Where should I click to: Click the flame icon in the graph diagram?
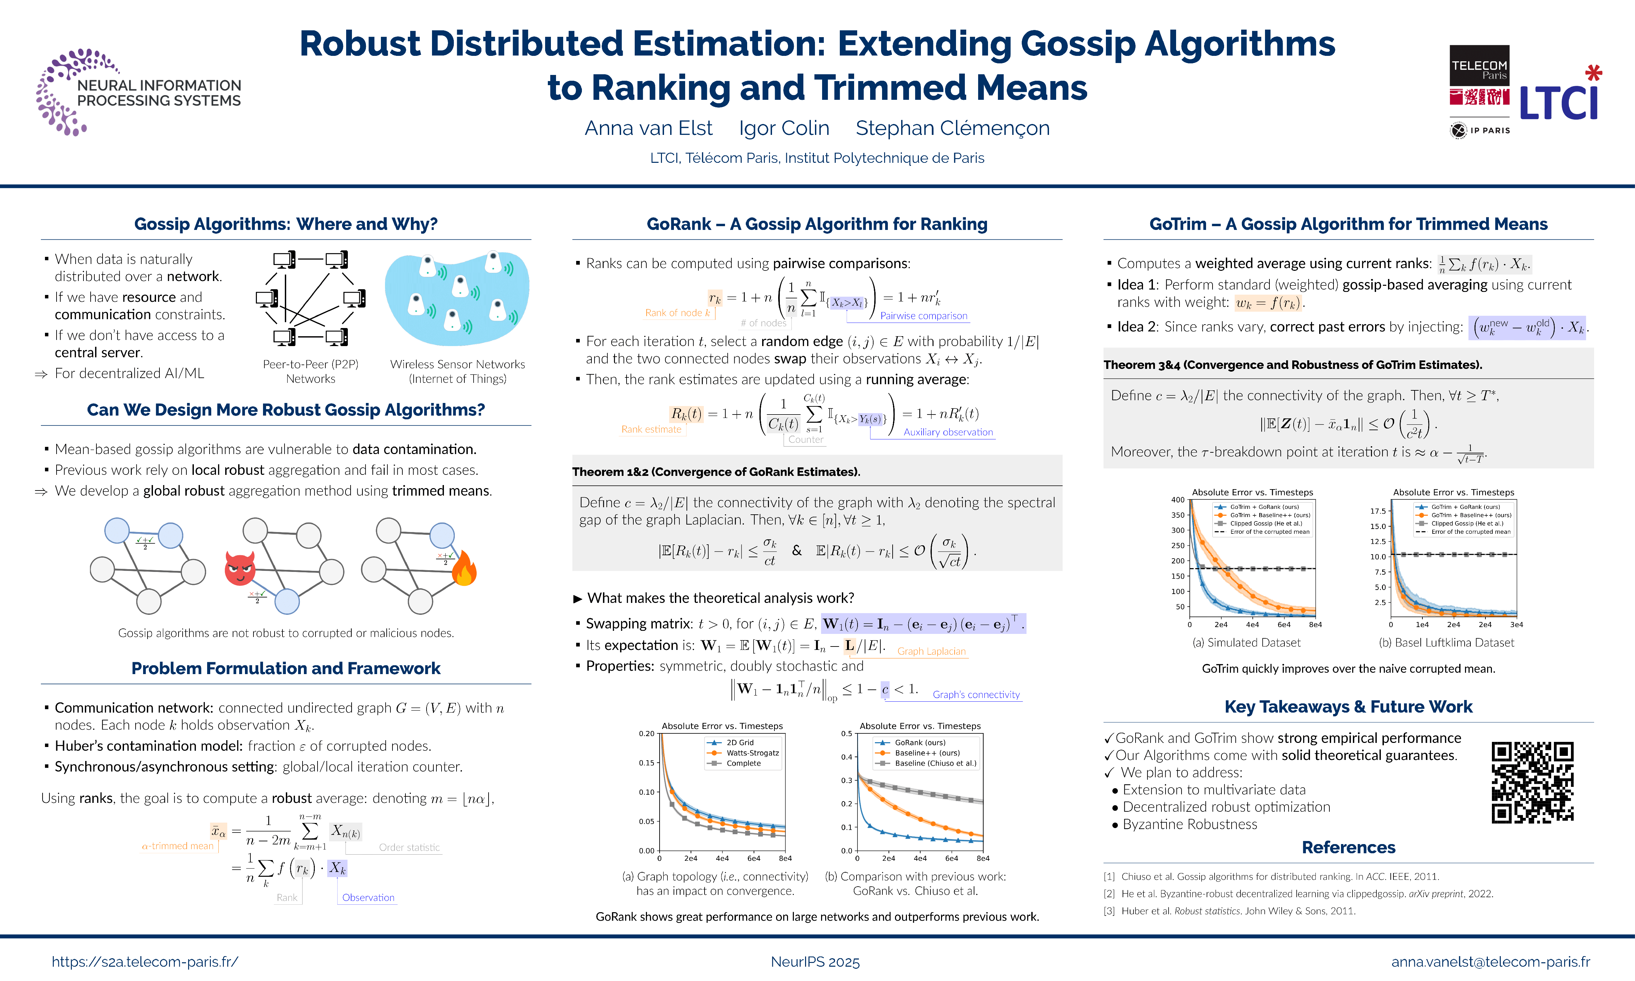(464, 569)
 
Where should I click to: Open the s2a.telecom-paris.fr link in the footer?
(145, 962)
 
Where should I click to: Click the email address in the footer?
(1490, 962)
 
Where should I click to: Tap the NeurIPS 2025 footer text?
(815, 962)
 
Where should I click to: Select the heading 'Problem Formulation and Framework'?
(286, 668)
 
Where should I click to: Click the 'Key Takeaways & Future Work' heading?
(1348, 707)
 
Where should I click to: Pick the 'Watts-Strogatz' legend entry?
(752, 753)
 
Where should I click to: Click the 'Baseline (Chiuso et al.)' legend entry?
(935, 764)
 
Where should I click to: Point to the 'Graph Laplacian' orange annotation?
(931, 651)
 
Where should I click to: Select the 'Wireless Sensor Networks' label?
(458, 364)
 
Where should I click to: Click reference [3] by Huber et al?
(1230, 911)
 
